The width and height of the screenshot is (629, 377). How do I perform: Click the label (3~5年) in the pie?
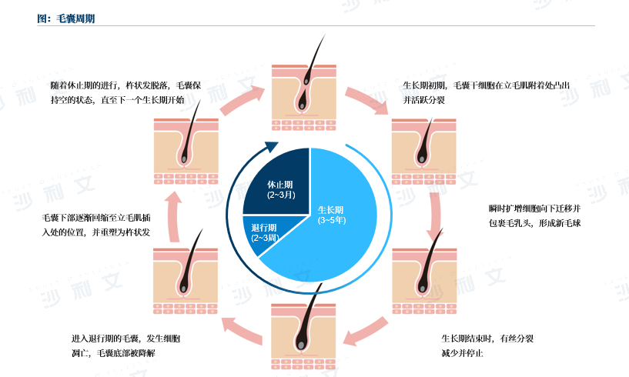tap(332, 220)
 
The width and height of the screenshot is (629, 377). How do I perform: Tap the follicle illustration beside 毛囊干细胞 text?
tap(423, 150)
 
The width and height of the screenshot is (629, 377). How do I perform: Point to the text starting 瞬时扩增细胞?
tap(535, 216)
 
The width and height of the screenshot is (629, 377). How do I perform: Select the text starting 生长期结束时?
tap(493, 345)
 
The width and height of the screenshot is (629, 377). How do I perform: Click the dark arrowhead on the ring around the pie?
tap(271, 148)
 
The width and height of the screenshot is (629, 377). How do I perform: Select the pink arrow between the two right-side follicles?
tap(436, 215)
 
